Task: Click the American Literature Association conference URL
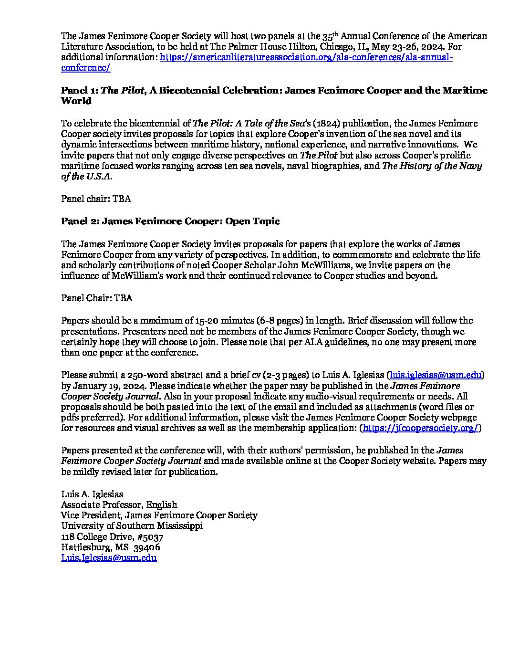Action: [x=305, y=57]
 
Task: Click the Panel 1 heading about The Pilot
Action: [x=274, y=91]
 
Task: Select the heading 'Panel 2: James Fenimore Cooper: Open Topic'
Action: [x=170, y=221]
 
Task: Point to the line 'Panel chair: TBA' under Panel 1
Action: [x=96, y=199]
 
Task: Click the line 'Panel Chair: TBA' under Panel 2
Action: [x=97, y=298]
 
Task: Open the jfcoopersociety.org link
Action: [x=420, y=428]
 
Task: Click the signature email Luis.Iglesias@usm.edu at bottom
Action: [x=109, y=557]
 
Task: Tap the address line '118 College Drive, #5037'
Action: [x=112, y=536]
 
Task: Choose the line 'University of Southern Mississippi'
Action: [x=132, y=526]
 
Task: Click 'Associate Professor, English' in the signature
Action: [x=119, y=504]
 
